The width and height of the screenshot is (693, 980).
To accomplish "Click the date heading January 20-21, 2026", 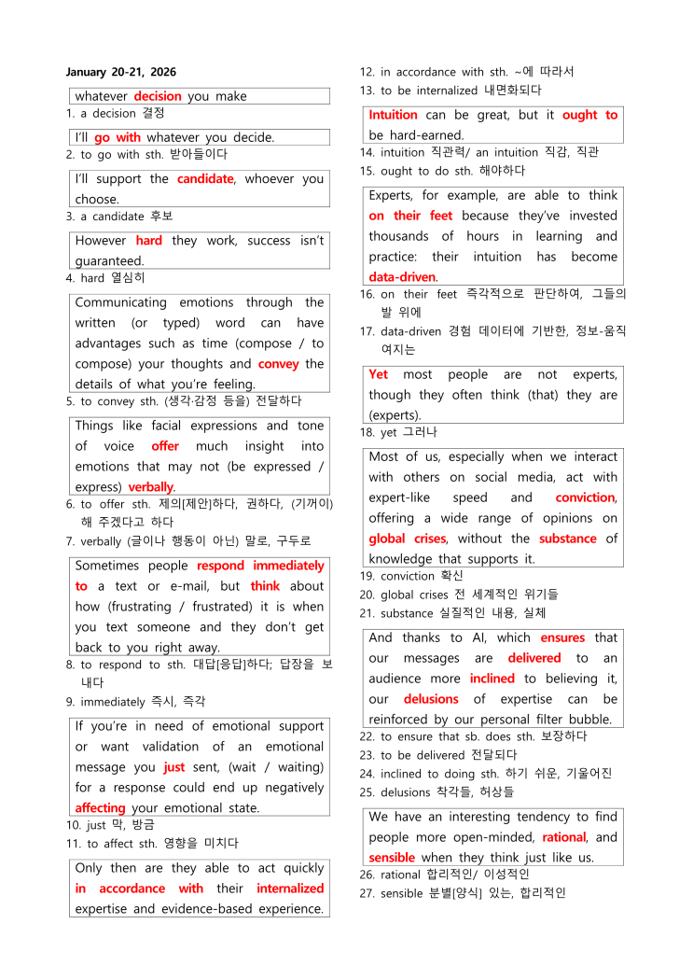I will [121, 72].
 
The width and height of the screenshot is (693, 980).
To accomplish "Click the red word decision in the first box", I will [158, 96].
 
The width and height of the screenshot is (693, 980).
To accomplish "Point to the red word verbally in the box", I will [151, 487].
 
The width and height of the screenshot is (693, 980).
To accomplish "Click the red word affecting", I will [100, 808].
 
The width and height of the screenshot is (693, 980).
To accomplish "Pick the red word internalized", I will [290, 889].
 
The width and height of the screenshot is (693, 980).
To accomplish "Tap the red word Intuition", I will [393, 115].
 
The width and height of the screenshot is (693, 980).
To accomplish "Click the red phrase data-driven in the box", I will [402, 277].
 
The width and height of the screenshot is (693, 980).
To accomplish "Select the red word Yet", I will [379, 374].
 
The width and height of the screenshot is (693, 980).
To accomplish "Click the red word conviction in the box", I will [585, 497].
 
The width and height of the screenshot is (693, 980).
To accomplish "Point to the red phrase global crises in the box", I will [407, 539].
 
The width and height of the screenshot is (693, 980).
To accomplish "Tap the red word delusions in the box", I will [431, 699].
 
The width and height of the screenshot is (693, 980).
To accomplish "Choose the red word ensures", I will [562, 637].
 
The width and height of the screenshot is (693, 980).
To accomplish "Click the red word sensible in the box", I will [392, 858].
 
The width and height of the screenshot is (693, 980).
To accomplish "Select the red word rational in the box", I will [563, 837].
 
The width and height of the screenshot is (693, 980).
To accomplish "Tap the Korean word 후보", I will [134, 217].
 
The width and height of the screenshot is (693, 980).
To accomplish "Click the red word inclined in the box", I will [492, 679].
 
